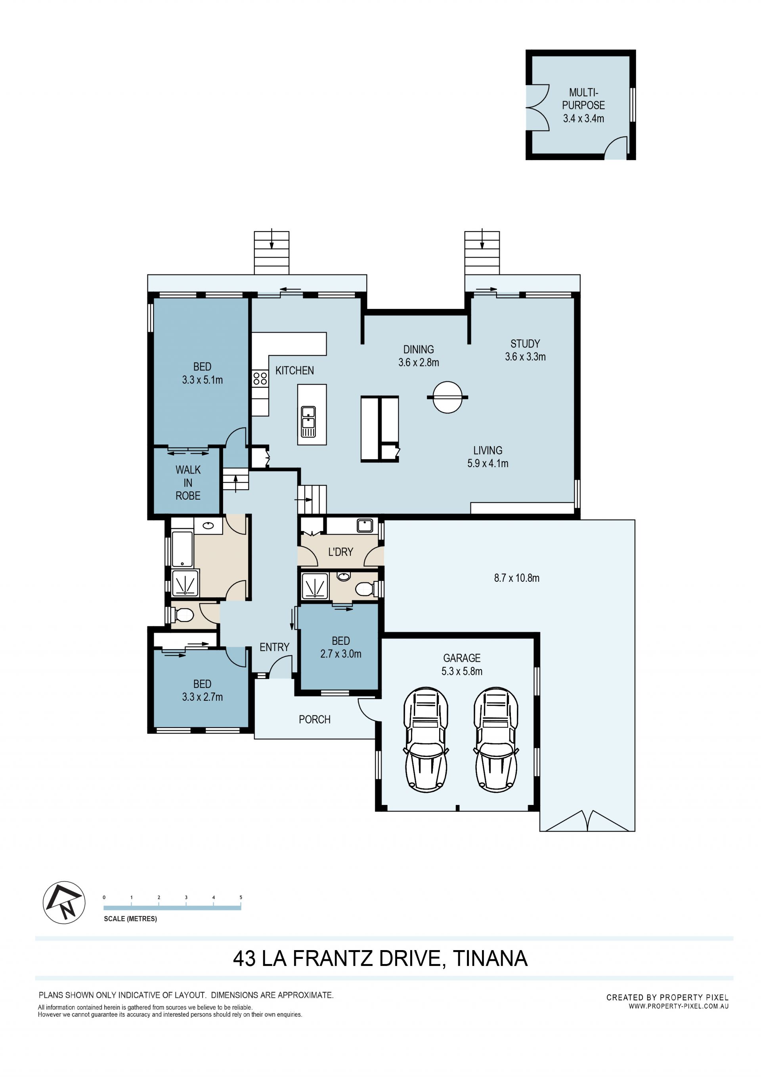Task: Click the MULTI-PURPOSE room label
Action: tap(583, 105)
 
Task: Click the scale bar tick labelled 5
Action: tap(241, 897)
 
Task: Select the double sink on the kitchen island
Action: tap(308, 421)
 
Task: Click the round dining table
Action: tap(448, 397)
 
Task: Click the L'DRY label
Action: tap(340, 552)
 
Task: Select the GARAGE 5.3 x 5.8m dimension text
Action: tap(462, 664)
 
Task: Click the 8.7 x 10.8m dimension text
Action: tap(517, 578)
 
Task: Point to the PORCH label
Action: tap(315, 719)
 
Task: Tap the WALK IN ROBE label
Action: tap(188, 483)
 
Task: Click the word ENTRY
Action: tap(274, 647)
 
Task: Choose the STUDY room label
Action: tap(525, 350)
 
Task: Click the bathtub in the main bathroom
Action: tap(182, 549)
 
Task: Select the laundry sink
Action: tap(364, 525)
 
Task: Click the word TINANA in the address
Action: tap(490, 958)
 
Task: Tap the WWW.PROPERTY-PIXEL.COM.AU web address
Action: tap(679, 1006)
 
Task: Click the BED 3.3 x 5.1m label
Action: tap(202, 374)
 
